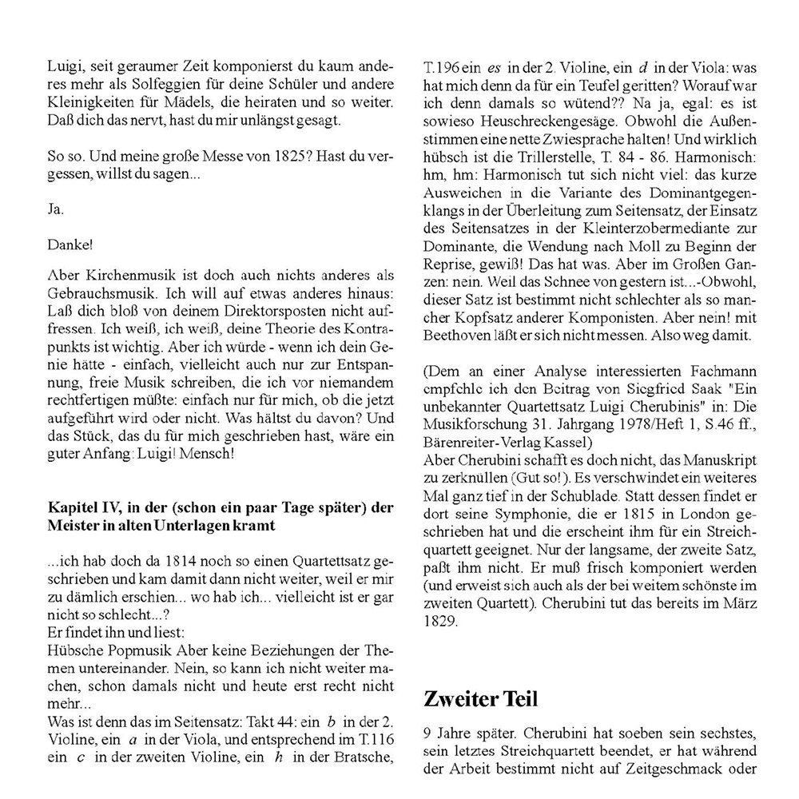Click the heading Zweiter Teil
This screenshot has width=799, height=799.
click(481, 699)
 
